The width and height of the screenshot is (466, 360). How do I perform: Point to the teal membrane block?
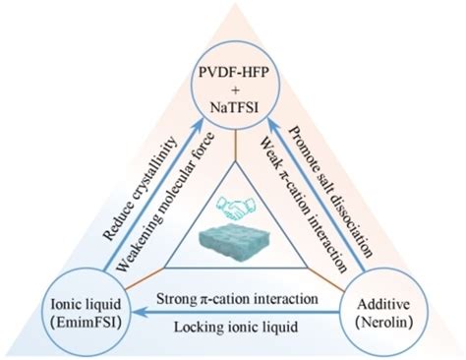point(232,246)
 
